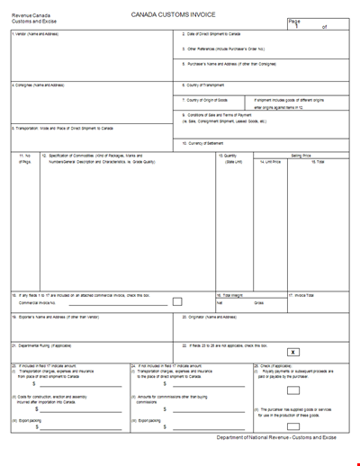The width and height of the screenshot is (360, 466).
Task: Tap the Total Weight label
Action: tap(231, 294)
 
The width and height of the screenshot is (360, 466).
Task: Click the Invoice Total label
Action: tap(304, 294)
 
